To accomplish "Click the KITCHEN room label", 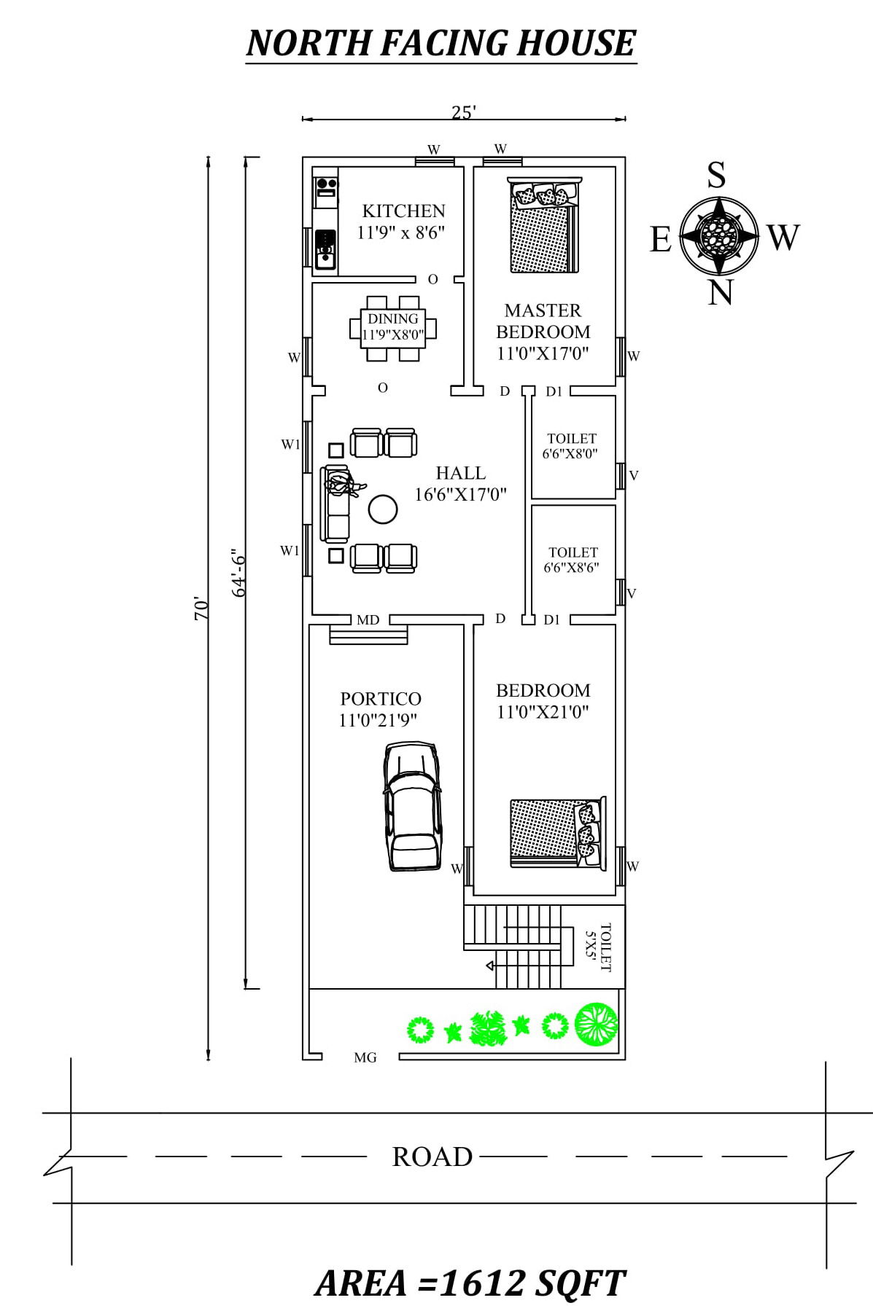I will tap(403, 211).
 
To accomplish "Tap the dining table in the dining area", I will tap(393, 328).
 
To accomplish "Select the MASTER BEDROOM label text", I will tap(543, 321).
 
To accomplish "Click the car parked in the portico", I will tap(412, 807).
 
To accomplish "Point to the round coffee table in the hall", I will tap(383, 509).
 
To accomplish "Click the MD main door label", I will tap(368, 620).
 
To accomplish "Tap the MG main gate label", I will tap(365, 1057).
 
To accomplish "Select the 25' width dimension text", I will tap(464, 113).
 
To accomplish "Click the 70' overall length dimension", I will tap(201, 608).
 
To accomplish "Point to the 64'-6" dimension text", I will tap(239, 574).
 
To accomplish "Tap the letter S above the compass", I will tap(717, 176).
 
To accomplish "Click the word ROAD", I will tap(432, 1157).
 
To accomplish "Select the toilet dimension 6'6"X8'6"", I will tap(572, 568).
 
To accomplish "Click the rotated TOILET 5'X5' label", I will tap(598, 947).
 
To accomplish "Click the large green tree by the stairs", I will tap(596, 1024).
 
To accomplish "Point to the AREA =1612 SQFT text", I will tap(470, 1283).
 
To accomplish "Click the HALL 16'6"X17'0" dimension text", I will tap(461, 495).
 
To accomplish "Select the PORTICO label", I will tap(381, 699).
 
